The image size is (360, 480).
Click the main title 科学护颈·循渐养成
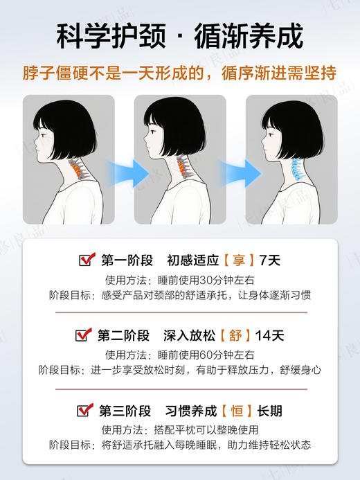180,35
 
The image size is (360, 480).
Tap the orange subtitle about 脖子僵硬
180,73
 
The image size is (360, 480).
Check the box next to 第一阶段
87,260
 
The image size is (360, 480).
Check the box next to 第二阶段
83,336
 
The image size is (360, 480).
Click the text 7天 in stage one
269,261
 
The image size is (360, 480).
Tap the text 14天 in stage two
269,336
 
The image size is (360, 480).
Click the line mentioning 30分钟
180,280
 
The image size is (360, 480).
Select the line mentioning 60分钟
180,355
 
